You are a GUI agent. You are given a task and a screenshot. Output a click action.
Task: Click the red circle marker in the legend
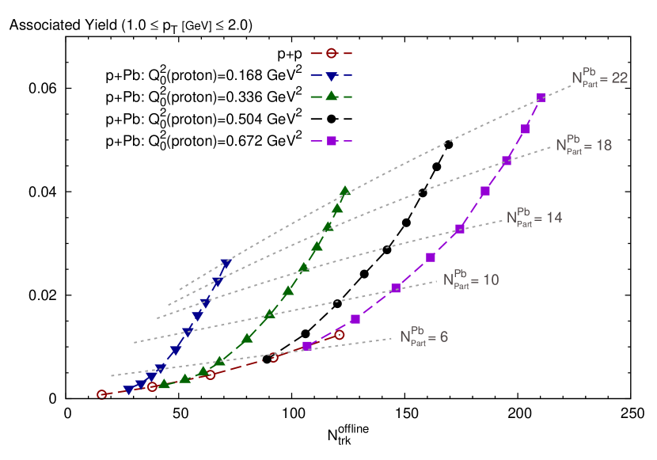coord(331,53)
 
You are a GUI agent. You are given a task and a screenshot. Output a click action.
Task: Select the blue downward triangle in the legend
coord(331,76)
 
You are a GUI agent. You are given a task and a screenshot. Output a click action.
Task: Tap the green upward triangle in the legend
coord(331,97)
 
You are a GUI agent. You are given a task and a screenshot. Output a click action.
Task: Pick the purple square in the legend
coord(332,141)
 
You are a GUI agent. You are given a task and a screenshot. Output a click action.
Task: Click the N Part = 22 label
coord(599,78)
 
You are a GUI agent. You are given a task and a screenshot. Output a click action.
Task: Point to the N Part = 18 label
coord(583,146)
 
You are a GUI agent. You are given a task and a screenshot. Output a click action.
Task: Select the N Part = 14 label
coord(534,218)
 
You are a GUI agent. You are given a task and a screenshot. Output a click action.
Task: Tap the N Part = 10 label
coord(471,280)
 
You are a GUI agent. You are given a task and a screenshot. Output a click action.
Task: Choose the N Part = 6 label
coord(423,337)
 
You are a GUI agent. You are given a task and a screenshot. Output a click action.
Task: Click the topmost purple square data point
coord(541,97)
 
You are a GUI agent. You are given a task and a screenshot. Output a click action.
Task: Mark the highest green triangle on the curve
coord(345,191)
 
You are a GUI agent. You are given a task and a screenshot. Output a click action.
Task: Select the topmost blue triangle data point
coord(226,264)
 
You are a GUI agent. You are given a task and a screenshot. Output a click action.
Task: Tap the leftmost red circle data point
coord(101,394)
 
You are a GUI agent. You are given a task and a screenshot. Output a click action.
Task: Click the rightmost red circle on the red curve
coord(340,335)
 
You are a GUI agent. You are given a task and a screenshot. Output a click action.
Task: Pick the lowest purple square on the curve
coord(307,346)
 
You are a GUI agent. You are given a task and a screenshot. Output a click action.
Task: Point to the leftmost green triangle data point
coord(164,384)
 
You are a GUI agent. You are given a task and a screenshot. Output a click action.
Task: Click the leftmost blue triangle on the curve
coord(129,390)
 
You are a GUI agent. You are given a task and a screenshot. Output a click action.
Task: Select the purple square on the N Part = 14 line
coord(460,229)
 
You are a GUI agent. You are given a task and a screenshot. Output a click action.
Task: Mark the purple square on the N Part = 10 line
coord(396,288)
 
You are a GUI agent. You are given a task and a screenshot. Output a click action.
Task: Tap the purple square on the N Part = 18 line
coord(507,161)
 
